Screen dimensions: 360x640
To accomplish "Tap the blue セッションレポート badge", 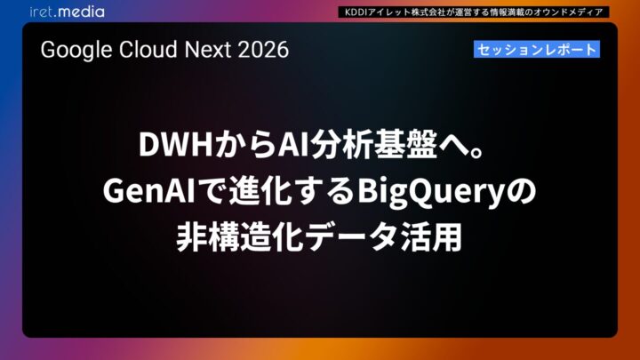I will tap(536, 50).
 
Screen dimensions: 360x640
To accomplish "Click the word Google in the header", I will tap(71, 50).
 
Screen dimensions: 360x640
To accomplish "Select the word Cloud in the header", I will tap(136, 50).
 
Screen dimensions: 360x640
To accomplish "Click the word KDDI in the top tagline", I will tap(353, 12).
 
